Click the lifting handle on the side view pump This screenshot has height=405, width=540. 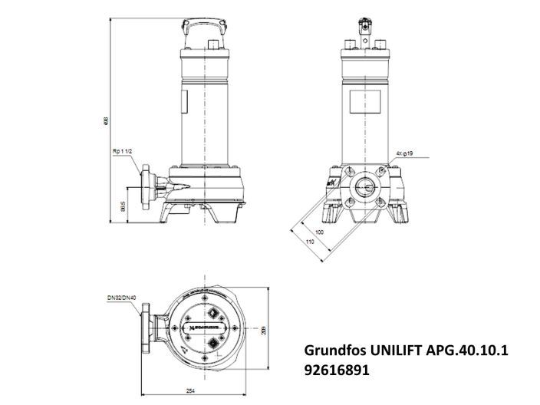coord(206,26)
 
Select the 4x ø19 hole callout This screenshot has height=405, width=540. coord(406,153)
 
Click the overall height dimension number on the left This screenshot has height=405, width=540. coord(107,120)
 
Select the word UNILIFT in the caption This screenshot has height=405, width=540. coord(400,351)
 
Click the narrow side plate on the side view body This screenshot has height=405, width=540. coord(184,104)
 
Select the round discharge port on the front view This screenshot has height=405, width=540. coord(365,185)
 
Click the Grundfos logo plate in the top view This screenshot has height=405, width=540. coord(206,324)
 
